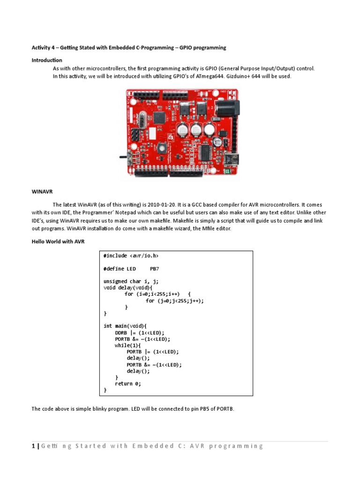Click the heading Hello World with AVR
tap(58, 241)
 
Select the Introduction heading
tap(47, 60)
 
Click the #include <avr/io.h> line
tap(131, 256)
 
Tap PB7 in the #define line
tap(155, 269)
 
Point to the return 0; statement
tap(128, 383)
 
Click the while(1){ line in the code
tap(127, 345)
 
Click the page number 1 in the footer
tap(33, 446)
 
